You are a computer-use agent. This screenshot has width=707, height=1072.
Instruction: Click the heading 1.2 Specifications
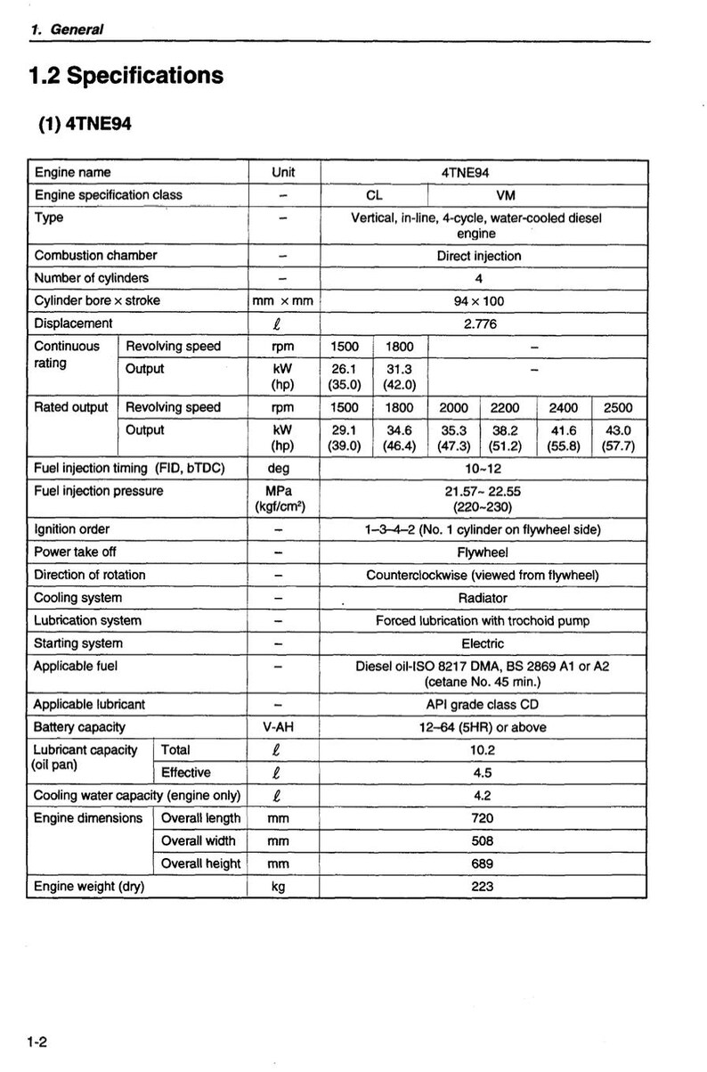(x=126, y=77)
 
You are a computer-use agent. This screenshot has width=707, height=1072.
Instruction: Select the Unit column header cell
(x=282, y=172)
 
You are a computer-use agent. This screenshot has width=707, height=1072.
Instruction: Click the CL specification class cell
(x=374, y=195)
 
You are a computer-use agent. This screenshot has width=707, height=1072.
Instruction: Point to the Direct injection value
(x=478, y=256)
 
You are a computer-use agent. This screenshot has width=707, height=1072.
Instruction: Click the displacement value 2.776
(x=480, y=323)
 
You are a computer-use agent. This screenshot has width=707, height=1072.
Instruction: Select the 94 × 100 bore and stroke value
(x=478, y=301)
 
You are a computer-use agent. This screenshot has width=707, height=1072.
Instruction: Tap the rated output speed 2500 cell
(x=618, y=407)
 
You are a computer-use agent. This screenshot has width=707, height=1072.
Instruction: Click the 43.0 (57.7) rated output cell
(x=618, y=438)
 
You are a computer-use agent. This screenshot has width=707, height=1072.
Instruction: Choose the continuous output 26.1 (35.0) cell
(x=344, y=377)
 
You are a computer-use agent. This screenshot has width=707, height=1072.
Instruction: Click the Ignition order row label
(x=72, y=529)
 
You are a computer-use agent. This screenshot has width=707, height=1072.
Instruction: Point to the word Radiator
(x=483, y=598)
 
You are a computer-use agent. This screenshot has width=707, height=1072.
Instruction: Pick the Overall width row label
(x=199, y=840)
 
